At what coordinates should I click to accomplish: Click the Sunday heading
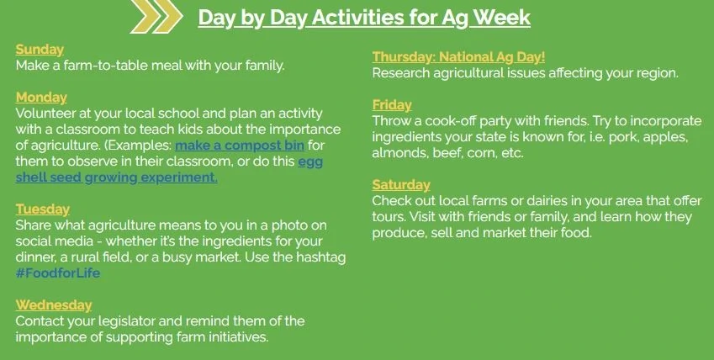point(40,50)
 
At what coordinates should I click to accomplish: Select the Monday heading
point(41,97)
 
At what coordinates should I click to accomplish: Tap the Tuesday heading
point(43,209)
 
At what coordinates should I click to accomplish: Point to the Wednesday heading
point(54,304)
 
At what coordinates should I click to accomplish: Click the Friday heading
point(392,105)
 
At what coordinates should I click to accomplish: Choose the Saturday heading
point(401,184)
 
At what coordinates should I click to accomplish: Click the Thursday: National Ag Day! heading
point(458,57)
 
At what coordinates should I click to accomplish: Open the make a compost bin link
point(240,146)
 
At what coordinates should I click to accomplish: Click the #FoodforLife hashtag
point(58,273)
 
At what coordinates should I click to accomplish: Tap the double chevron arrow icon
point(156,17)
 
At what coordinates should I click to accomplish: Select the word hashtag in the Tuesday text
point(321,257)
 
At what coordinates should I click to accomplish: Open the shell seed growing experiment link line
point(117,177)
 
